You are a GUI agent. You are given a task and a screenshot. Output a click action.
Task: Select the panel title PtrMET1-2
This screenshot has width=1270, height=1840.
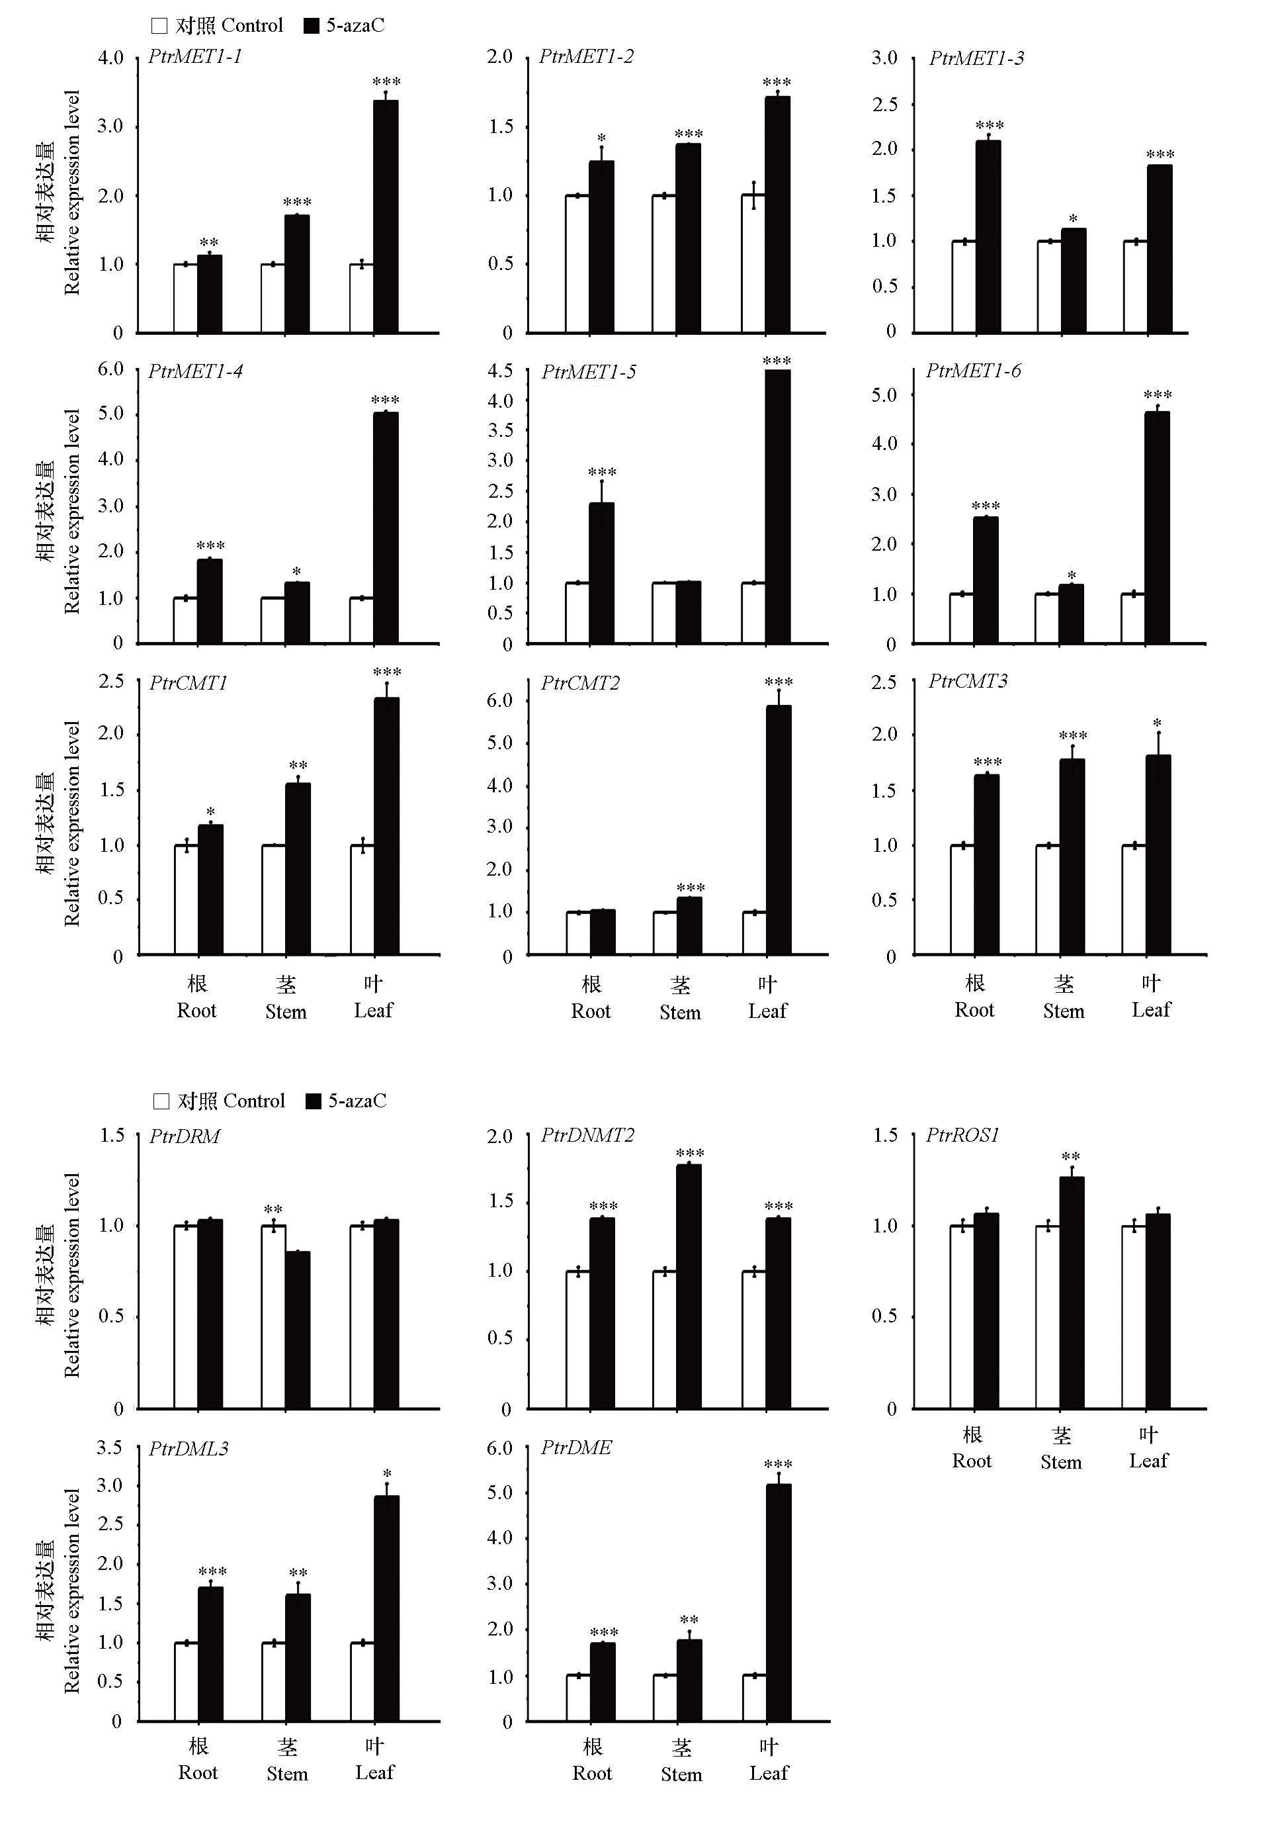click(587, 56)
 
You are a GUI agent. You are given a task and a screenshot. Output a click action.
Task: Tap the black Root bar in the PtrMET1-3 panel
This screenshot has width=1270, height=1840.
click(988, 236)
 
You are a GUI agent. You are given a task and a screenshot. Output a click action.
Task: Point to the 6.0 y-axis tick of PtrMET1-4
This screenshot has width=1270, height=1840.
click(110, 369)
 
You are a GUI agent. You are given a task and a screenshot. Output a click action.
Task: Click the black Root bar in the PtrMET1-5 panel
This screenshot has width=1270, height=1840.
click(601, 573)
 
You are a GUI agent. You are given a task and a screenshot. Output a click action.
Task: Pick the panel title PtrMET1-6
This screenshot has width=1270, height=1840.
click(973, 371)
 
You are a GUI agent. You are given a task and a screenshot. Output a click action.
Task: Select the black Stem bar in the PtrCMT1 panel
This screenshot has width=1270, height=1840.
click(298, 868)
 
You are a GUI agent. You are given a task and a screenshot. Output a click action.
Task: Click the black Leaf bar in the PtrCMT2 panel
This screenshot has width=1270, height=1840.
click(779, 831)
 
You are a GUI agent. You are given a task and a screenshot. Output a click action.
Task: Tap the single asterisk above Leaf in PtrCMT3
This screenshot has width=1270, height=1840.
click(1157, 723)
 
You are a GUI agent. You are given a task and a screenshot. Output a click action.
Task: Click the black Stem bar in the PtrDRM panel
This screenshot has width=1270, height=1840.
click(298, 1330)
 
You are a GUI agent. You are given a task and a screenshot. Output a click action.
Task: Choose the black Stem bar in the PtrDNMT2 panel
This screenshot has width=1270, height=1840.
click(689, 1287)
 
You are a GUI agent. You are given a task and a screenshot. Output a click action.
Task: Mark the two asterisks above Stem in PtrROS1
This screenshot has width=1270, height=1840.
click(1070, 1157)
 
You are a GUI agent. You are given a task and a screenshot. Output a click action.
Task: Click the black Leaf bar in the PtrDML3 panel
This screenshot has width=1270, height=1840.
click(387, 1608)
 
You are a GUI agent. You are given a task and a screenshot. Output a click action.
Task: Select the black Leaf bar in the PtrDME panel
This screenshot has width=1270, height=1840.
click(779, 1603)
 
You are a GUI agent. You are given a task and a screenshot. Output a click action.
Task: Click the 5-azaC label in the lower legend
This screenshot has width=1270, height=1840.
click(357, 1101)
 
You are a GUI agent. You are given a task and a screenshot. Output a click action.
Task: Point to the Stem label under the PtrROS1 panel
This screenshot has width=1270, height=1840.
click(1061, 1462)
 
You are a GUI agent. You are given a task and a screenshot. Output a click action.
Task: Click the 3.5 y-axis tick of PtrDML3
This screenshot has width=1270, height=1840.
click(109, 1448)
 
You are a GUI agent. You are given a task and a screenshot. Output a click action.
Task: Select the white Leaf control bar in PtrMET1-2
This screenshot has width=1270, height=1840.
click(753, 263)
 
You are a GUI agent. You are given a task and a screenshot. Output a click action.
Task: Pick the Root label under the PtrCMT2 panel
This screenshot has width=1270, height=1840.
click(591, 1011)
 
